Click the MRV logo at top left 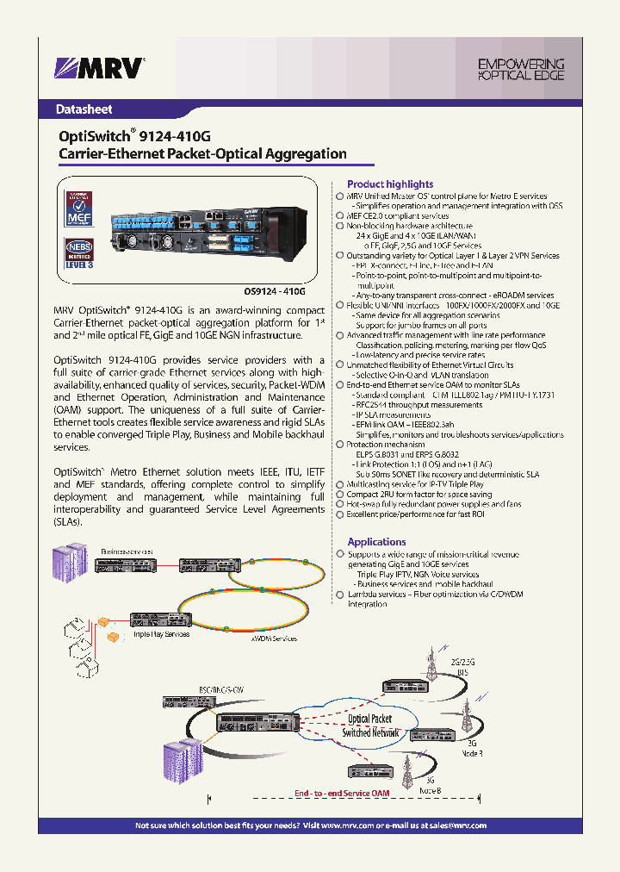(x=100, y=67)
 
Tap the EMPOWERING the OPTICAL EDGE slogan (x=520, y=70)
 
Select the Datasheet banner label (x=84, y=109)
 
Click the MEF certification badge (x=79, y=209)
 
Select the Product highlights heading (x=389, y=184)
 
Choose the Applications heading (x=376, y=542)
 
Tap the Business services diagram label (x=127, y=550)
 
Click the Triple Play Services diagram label (x=161, y=634)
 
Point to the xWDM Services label (x=273, y=638)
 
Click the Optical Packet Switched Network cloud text (x=369, y=725)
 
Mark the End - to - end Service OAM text (x=342, y=793)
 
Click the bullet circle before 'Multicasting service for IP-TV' (x=339, y=485)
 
